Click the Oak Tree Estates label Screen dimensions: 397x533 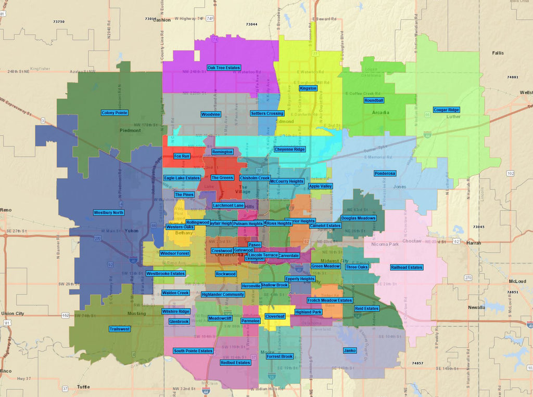tap(223, 68)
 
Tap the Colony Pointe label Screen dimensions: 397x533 tap(115, 112)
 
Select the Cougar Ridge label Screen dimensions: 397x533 tap(447, 110)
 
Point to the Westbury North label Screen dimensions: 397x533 tap(109, 213)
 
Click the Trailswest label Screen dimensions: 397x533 tap(120, 329)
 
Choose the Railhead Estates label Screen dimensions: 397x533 tap(407, 267)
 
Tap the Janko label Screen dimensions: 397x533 tap(350, 351)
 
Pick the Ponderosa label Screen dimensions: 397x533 tap(385, 173)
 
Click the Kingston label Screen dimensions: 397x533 tap(308, 88)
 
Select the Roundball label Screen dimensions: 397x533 tap(374, 100)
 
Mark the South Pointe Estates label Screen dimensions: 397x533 tap(193, 351)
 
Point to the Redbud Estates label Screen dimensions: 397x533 tap(235, 363)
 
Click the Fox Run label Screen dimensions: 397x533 tap(182, 156)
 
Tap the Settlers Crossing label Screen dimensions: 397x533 tap(267, 113)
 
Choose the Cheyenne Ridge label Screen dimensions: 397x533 tap(290, 149)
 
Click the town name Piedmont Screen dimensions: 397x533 tap(130, 130)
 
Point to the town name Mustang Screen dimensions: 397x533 tap(136, 313)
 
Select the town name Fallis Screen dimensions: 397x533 tap(498, 53)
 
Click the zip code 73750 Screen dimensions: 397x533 tap(59, 21)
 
